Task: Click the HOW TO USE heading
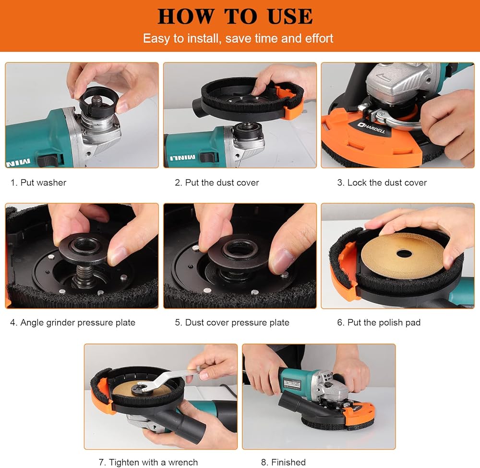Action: (x=235, y=16)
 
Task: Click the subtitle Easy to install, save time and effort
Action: (x=238, y=38)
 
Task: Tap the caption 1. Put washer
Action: (x=38, y=182)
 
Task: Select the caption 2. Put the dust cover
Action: (x=217, y=182)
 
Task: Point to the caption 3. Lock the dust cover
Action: (x=382, y=182)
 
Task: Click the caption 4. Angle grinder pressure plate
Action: (x=72, y=323)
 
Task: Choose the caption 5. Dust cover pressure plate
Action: (x=232, y=323)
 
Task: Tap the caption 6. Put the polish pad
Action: (x=379, y=323)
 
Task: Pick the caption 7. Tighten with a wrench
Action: (x=148, y=462)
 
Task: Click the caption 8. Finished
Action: (x=283, y=462)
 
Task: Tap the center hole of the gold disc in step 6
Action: (x=404, y=253)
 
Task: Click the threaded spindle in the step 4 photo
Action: (x=84, y=275)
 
